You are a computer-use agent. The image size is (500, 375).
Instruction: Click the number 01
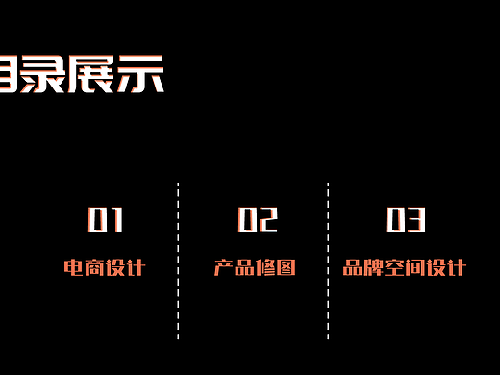pos(106,220)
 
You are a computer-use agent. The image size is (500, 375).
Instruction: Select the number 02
pos(257,220)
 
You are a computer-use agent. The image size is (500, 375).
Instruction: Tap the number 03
pos(406,220)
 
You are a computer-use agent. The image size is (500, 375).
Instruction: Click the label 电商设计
pos(104,267)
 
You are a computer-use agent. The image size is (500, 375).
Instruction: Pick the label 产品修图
pos(255,267)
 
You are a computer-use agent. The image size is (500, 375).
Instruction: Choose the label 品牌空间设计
pos(405,267)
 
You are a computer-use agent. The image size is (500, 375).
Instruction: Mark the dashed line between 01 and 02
pos(179,260)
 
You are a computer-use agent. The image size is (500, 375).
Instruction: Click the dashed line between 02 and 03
pos(328,260)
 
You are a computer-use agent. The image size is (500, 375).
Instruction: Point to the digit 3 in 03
pos(416,220)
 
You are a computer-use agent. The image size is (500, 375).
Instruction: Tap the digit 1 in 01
pos(117,220)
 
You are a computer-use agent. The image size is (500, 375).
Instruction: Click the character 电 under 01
pos(73,267)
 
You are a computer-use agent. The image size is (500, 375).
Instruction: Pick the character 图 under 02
pos(287,267)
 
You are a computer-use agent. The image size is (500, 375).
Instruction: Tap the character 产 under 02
pos(224,267)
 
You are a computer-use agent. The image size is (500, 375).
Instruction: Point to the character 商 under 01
pos(94,267)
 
